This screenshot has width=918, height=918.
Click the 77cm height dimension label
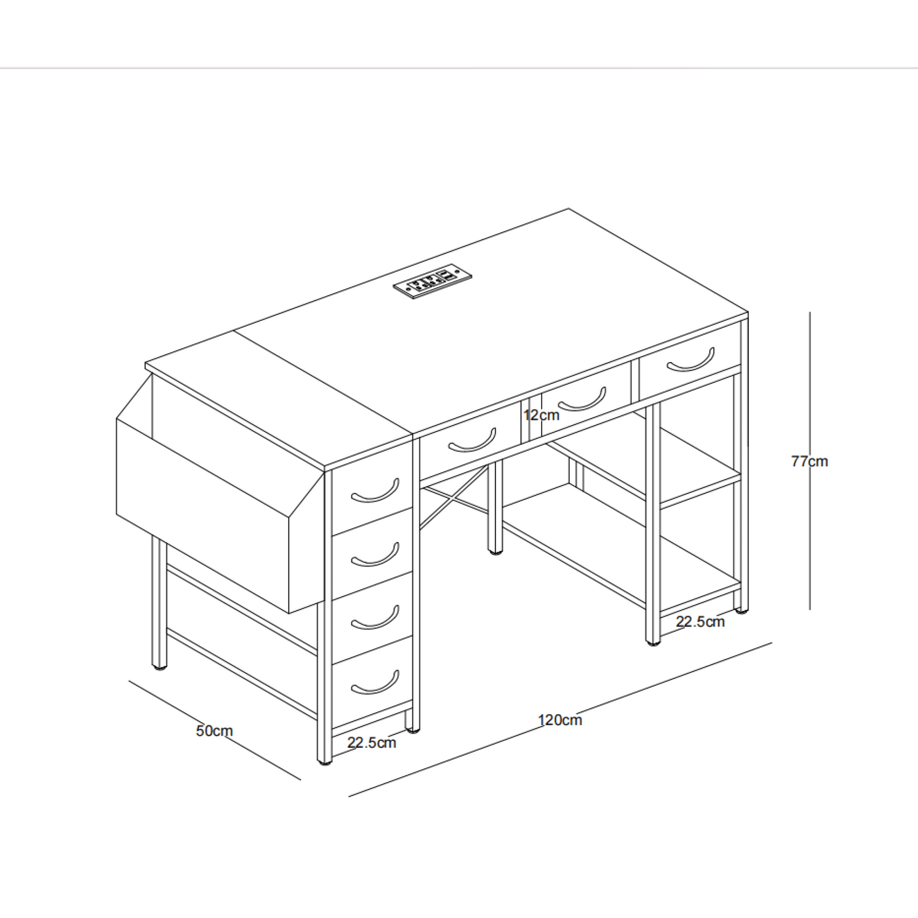coord(809,461)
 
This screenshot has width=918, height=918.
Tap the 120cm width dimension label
coord(560,720)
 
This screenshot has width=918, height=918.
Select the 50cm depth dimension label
coord(214,731)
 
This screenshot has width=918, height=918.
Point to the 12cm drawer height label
coord(541,415)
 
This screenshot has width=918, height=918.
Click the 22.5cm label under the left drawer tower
coord(372,743)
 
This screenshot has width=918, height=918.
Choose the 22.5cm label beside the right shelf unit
coord(700,622)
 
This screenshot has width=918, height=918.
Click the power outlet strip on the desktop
coord(433,282)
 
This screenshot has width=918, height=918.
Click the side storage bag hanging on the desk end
coord(220,493)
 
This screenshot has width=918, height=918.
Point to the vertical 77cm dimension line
coord(810,461)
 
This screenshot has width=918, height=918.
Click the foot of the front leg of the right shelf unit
coord(653,643)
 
